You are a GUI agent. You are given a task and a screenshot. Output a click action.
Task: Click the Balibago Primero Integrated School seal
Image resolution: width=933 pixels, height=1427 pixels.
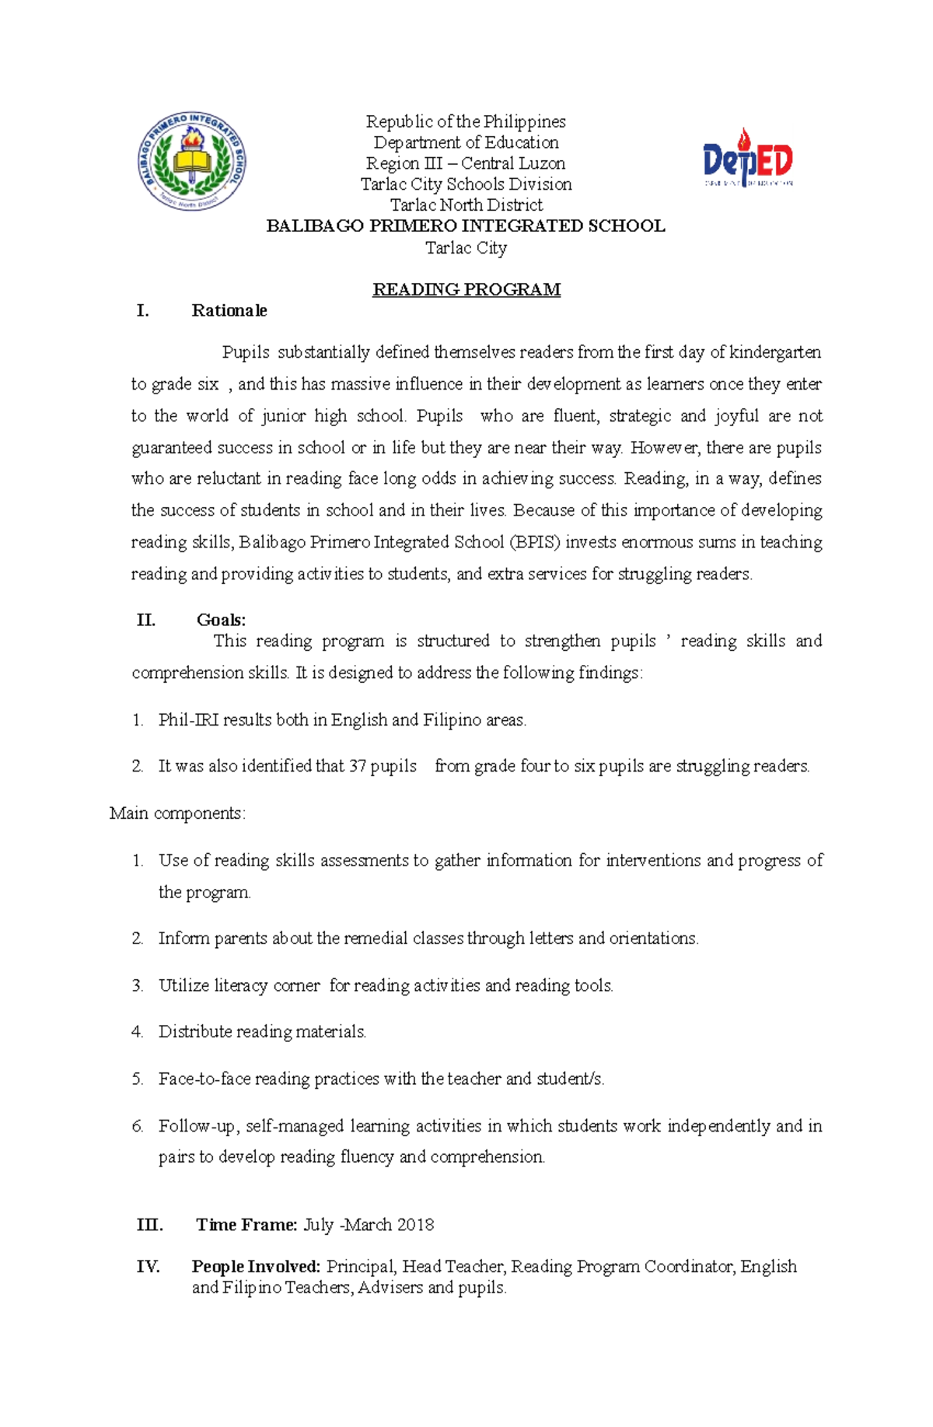(x=192, y=160)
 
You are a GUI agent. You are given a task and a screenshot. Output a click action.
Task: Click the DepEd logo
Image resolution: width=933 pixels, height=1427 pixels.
(x=747, y=159)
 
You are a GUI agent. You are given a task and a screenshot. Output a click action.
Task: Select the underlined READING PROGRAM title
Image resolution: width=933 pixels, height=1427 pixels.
(x=466, y=290)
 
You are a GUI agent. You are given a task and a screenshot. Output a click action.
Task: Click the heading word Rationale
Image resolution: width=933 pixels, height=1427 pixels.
(x=229, y=311)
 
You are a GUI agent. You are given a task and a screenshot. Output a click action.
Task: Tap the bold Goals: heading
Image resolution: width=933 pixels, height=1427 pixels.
(x=222, y=620)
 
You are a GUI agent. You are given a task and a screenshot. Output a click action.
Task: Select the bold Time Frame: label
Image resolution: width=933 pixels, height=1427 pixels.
(x=246, y=1225)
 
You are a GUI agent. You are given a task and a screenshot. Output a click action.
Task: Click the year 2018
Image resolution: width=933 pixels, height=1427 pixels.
(x=415, y=1225)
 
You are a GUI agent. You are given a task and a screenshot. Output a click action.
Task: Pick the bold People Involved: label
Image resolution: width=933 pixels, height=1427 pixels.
(x=256, y=1267)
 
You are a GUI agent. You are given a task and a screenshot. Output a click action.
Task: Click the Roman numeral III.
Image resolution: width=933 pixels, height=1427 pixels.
(x=149, y=1225)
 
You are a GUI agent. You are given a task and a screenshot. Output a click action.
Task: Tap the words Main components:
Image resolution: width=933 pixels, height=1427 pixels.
(x=178, y=813)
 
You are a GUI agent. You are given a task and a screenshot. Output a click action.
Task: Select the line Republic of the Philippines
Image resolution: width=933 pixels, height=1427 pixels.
(x=466, y=122)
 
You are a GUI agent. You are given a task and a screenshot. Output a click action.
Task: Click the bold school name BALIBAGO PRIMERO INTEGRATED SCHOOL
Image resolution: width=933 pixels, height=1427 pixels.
(x=466, y=226)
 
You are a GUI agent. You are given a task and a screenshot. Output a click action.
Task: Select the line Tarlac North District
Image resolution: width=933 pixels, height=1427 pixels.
(x=466, y=205)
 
